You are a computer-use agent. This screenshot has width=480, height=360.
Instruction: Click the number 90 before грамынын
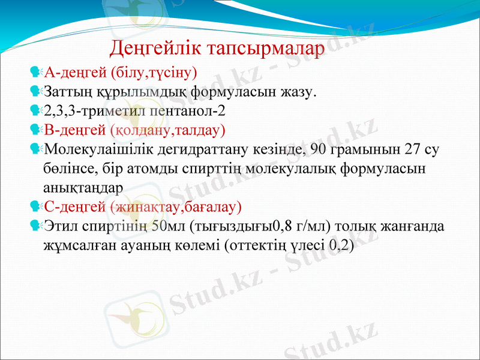[x=336, y=149]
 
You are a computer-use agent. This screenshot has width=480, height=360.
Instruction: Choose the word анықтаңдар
[x=83, y=187]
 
